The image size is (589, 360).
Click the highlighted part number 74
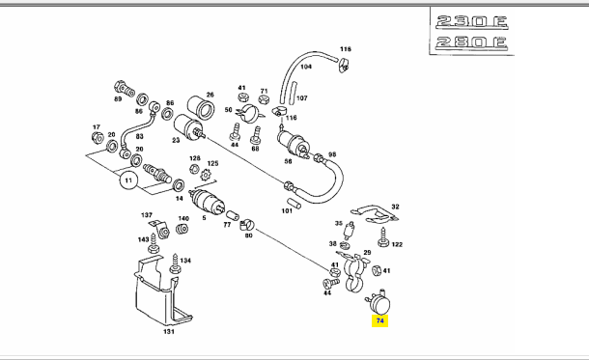coord(379,321)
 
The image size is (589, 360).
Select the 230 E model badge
coord(472,22)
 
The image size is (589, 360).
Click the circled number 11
coord(128,180)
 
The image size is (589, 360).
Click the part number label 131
coord(169,331)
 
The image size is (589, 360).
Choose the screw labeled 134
coord(175,263)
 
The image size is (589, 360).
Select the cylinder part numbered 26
coord(201,107)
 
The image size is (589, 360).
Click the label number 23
coord(176,140)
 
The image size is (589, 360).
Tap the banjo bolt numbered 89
coord(125,89)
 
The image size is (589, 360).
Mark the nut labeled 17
coord(98,138)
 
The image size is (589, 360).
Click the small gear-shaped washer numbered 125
coord(206,175)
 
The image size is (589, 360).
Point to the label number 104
coord(306,67)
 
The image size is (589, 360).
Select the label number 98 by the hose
coord(332,154)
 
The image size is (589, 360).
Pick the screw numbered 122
coord(383,237)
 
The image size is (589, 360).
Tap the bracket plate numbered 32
coord(375,214)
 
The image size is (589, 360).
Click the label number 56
coord(288,161)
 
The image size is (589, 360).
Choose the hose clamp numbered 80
coord(247,225)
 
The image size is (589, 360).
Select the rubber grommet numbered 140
coord(182,229)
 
